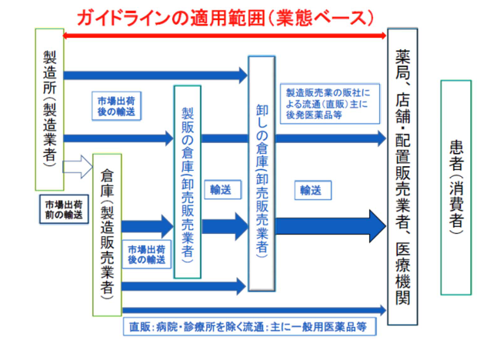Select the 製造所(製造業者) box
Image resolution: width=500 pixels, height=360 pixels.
click(x=50, y=108)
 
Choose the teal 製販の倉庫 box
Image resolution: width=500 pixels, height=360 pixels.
click(x=187, y=181)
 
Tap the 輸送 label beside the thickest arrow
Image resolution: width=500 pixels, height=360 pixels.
click(x=311, y=188)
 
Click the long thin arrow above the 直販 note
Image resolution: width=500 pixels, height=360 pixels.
click(x=254, y=310)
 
